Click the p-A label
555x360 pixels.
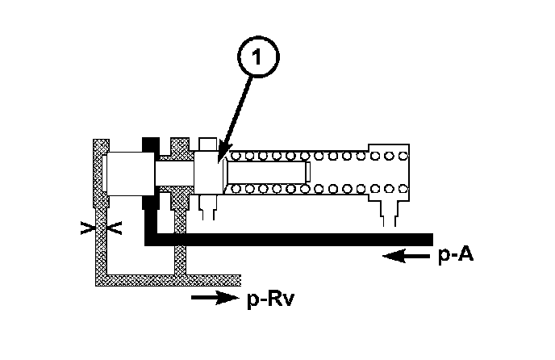pos(453,256)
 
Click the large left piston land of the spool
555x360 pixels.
pos(128,173)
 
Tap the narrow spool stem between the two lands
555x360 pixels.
pos(174,171)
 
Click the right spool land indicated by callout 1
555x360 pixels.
pos(207,172)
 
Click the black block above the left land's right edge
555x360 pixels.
pos(149,144)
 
